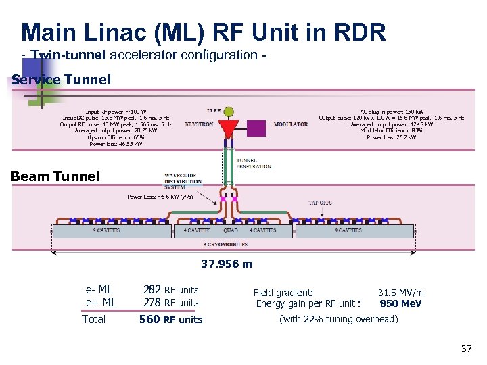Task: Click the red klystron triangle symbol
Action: point(230,128)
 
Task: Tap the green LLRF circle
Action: point(229,110)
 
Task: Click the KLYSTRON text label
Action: point(199,125)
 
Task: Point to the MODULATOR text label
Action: point(291,125)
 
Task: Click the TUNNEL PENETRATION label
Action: point(254,164)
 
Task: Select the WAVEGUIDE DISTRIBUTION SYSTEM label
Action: point(183,182)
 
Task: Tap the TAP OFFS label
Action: point(320,202)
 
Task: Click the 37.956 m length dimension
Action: point(227,264)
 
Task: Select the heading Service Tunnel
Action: point(62,80)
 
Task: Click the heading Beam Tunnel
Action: point(55,176)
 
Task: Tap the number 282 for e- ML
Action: point(152,290)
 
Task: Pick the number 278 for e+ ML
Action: point(152,303)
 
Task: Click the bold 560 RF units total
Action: point(170,319)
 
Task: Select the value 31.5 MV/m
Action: point(400,293)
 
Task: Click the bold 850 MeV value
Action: point(400,303)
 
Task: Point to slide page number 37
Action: point(466,349)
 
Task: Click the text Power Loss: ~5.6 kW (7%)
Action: point(160,197)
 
